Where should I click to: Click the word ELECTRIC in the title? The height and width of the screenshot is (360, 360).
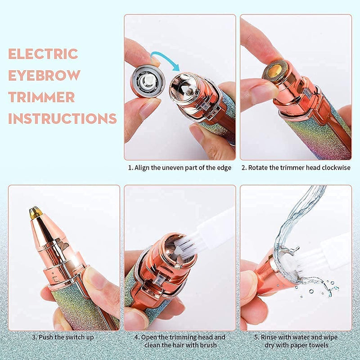(x=43, y=54)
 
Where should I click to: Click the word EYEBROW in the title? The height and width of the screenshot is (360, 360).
(x=44, y=75)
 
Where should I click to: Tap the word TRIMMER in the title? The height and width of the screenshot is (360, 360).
(x=41, y=97)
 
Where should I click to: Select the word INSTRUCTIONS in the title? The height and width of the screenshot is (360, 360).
(x=63, y=118)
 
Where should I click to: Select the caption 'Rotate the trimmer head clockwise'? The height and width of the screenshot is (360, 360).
(x=296, y=168)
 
